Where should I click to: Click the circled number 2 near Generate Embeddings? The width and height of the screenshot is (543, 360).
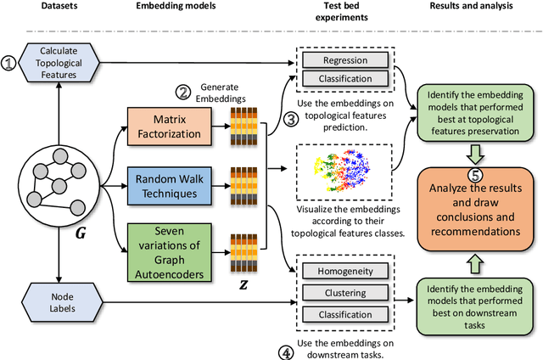click(x=182, y=92)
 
